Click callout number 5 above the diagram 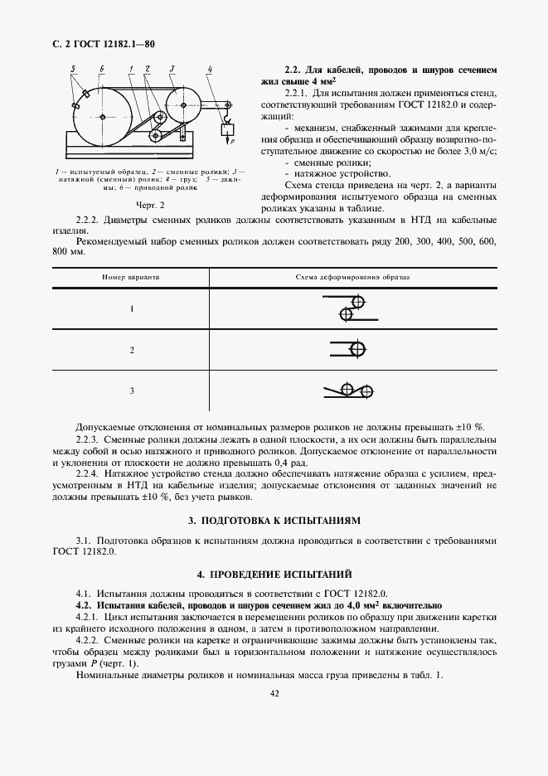pyautogui.click(x=73, y=66)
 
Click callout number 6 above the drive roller pyautogui.click(x=100, y=66)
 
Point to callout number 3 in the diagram pyautogui.click(x=172, y=66)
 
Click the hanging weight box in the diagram pyautogui.click(x=224, y=129)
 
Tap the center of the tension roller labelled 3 pyautogui.click(x=183, y=104)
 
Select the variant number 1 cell pyautogui.click(x=131, y=308)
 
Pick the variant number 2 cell pyautogui.click(x=131, y=350)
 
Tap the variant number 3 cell pyautogui.click(x=131, y=390)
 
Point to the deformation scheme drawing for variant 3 pyautogui.click(x=352, y=389)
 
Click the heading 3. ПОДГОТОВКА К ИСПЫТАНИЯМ pyautogui.click(x=274, y=521)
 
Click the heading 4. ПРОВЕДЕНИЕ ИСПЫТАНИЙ pyautogui.click(x=274, y=574)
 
